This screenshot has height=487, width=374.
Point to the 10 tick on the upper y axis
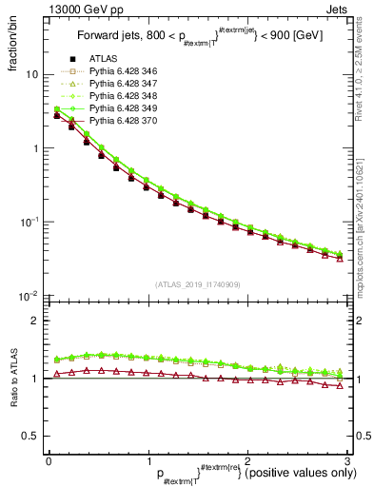pyautogui.click(x=30, y=74)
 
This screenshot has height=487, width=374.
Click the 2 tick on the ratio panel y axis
pyautogui.click(x=33, y=321)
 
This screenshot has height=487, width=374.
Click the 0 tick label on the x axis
pyautogui.click(x=48, y=460)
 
